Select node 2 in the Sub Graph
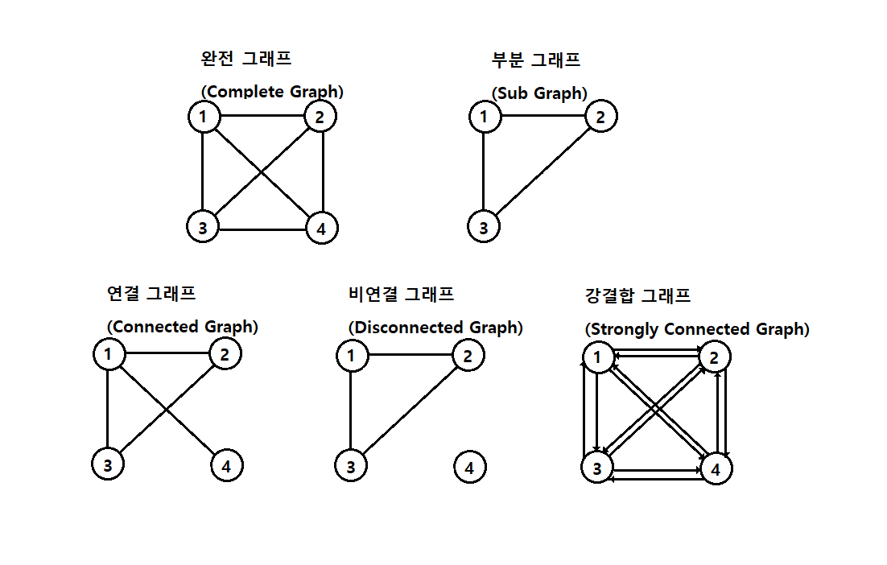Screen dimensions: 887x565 600,117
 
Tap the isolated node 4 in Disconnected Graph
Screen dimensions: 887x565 470,467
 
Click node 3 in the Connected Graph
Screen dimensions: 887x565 108,464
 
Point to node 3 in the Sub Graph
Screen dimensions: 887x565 484,227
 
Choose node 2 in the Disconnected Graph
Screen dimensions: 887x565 468,355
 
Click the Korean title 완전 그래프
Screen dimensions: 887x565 246,58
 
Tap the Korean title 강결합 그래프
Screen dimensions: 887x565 637,295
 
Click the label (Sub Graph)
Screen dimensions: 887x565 539,93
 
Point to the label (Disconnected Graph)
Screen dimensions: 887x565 435,328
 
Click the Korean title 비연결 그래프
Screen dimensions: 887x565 401,294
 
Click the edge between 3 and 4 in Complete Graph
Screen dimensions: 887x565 262,229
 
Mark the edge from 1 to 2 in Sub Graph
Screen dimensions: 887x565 543,116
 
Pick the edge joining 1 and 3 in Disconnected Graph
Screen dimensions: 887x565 351,410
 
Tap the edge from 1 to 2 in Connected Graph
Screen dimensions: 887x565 167,353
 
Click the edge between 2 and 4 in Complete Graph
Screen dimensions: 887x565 323,172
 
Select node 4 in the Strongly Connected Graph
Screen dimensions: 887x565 716,468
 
